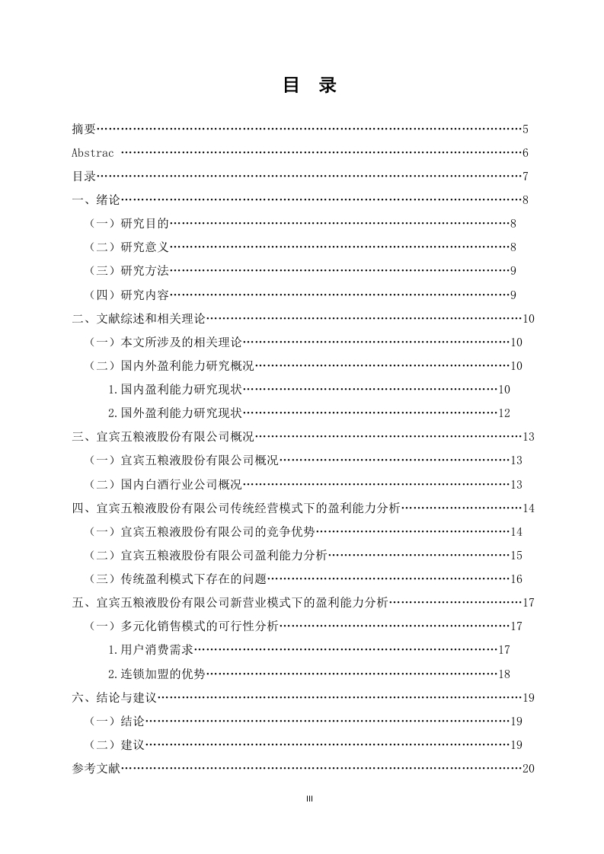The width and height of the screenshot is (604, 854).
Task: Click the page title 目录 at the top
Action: [309, 85]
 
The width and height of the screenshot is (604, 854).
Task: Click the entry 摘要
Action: [84, 129]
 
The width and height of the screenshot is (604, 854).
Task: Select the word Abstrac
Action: [93, 153]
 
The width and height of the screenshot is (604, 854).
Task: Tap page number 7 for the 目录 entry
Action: [526, 177]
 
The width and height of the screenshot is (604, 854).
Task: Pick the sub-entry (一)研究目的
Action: [129, 224]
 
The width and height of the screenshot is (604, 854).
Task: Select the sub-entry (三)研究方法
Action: [129, 271]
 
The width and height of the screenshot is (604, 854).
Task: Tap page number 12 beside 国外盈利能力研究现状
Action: [503, 413]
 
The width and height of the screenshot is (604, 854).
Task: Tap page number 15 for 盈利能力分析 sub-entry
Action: [516, 556]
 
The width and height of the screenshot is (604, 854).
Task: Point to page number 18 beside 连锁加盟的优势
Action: [503, 674]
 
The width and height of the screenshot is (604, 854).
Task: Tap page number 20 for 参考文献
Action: [529, 769]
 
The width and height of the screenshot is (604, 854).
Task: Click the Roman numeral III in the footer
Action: [309, 798]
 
